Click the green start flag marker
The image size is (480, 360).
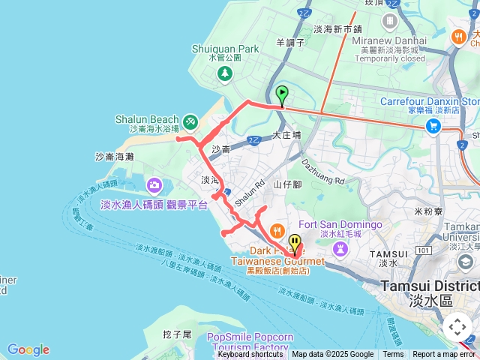click(x=282, y=94)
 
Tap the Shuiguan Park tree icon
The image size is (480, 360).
click(x=224, y=73)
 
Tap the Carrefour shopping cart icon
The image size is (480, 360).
click(x=433, y=125)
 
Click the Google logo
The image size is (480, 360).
click(x=28, y=349)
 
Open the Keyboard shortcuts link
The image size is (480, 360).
click(x=250, y=355)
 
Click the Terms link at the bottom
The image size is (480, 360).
click(x=393, y=355)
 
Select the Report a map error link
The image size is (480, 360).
click(x=444, y=355)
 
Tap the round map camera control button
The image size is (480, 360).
click(x=457, y=327)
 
